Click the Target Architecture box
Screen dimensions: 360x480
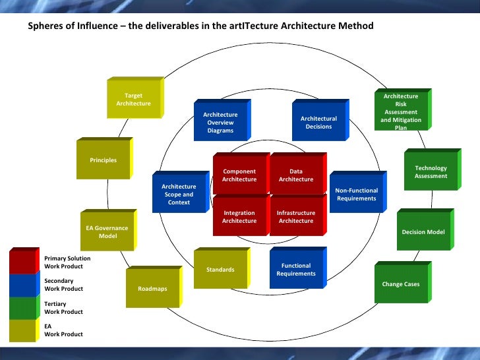pos(134,100)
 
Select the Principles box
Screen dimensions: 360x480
pos(104,160)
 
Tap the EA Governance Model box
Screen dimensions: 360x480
pos(107,232)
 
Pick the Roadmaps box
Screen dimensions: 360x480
pos(152,289)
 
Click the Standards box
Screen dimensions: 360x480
pos(220,270)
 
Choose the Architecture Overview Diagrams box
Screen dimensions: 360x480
pos(220,122)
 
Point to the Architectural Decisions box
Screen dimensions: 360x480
pos(318,123)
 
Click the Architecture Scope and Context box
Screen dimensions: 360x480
pos(179,195)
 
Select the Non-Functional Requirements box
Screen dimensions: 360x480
pos(356,195)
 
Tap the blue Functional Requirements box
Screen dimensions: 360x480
pos(296,270)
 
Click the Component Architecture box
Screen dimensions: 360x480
pos(239,175)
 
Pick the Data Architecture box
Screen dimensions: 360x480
pos(296,175)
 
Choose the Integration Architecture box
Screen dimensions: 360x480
pos(239,217)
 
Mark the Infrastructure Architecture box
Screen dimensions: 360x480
pos(296,217)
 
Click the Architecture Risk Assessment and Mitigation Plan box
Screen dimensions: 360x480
pos(401,111)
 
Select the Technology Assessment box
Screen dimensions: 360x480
pos(431,172)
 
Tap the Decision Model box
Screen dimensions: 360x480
pos(423,232)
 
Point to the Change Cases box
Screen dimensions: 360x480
pos(401,284)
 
